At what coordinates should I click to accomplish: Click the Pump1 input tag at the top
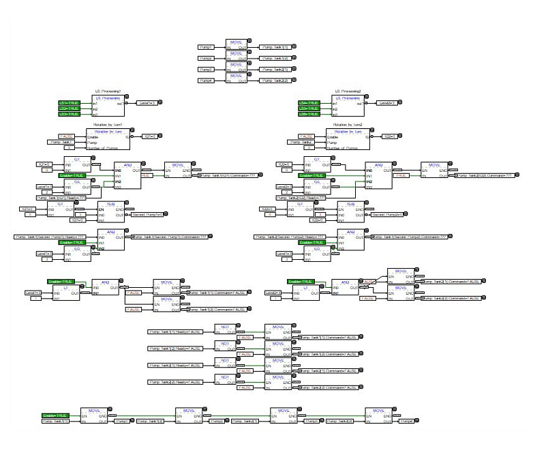click(207, 48)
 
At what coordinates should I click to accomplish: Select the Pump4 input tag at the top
click(207, 80)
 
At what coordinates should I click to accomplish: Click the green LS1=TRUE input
click(70, 103)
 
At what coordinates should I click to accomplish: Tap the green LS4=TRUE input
click(309, 103)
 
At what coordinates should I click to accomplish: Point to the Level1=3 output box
click(148, 103)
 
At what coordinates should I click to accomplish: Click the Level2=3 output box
click(387, 103)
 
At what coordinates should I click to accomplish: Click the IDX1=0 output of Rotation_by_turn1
click(149, 136)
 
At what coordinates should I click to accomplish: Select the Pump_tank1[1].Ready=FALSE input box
click(175, 331)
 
